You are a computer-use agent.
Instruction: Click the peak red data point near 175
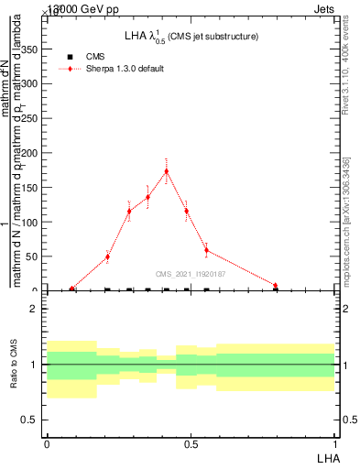click(166, 170)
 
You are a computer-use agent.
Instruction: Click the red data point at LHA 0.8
click(275, 285)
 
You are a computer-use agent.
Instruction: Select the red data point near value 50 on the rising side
click(107, 256)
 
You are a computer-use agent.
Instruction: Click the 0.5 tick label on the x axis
click(191, 443)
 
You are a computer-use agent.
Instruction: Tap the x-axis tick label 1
click(334, 443)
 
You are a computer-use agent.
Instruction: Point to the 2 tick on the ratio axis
click(34, 309)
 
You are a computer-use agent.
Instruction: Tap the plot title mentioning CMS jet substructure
click(191, 36)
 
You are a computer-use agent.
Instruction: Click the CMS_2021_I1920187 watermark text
click(190, 274)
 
